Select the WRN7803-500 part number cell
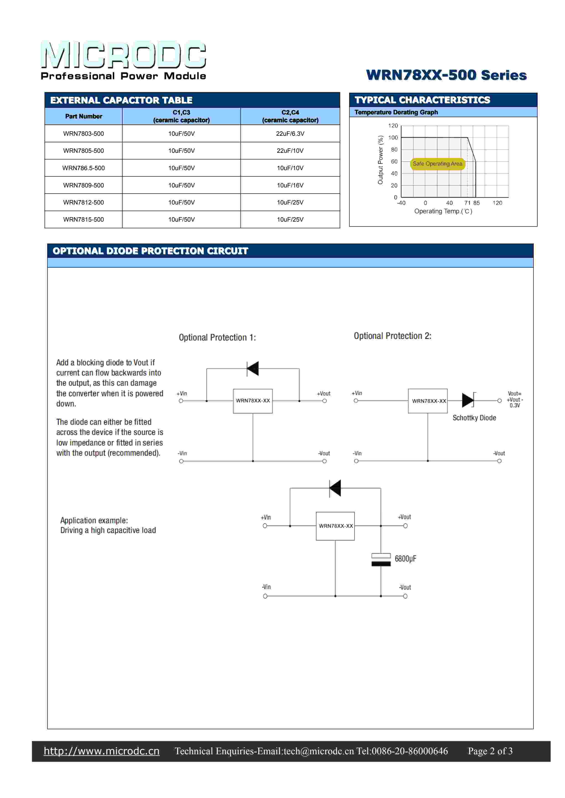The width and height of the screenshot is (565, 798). [x=83, y=133]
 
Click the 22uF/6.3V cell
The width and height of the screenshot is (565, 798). [x=290, y=133]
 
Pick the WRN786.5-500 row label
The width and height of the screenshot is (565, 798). [x=83, y=168]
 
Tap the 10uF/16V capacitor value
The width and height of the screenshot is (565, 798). [x=290, y=185]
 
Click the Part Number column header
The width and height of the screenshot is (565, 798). [x=83, y=116]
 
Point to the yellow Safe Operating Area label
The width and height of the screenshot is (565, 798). [x=437, y=164]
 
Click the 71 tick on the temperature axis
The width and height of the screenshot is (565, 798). [x=467, y=203]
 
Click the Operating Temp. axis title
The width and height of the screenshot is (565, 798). [x=443, y=211]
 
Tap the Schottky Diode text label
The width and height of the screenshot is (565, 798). [x=474, y=418]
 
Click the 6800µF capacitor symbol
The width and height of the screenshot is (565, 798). [x=381, y=560]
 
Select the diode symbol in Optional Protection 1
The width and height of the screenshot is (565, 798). [x=253, y=368]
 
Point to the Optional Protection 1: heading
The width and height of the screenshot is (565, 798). [x=217, y=338]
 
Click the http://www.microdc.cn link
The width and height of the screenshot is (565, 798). [x=102, y=751]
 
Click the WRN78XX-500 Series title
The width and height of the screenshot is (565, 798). [x=446, y=75]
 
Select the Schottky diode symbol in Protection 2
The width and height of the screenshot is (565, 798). [x=468, y=400]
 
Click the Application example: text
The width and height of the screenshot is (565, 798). [x=94, y=520]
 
